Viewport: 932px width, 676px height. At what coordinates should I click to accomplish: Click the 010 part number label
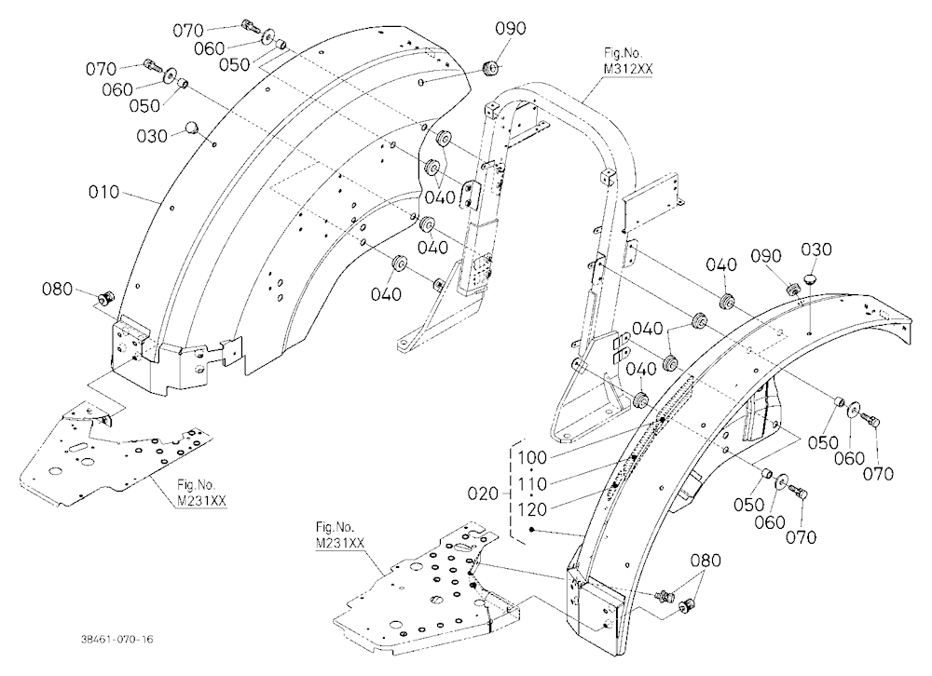tap(104, 193)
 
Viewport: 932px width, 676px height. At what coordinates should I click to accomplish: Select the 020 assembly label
tap(483, 493)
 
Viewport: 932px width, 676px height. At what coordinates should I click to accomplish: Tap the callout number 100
tap(532, 458)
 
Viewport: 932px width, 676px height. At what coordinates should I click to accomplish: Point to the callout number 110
tap(532, 484)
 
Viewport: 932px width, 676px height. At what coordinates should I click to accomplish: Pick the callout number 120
tap(532, 509)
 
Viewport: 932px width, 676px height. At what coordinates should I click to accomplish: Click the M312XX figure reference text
tap(628, 69)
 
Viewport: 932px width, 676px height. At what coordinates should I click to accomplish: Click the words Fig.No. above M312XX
tap(624, 53)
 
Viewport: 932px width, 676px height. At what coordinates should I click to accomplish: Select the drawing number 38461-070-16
tap(116, 639)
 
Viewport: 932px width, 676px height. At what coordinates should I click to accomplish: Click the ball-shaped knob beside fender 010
tap(193, 128)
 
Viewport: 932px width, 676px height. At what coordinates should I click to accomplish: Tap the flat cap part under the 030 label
tap(811, 278)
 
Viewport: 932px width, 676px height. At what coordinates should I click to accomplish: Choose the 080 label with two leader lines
tap(706, 561)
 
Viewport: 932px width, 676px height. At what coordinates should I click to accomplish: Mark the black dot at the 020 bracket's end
tap(532, 529)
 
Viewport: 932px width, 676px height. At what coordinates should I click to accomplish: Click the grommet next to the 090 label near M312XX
tap(491, 68)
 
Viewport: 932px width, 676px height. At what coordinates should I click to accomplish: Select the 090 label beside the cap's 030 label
tap(766, 257)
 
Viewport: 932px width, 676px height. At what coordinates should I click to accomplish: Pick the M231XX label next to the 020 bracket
tap(340, 543)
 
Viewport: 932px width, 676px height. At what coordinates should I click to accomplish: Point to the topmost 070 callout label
tap(188, 31)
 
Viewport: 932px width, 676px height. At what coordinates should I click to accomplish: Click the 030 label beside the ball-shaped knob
tap(152, 137)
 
